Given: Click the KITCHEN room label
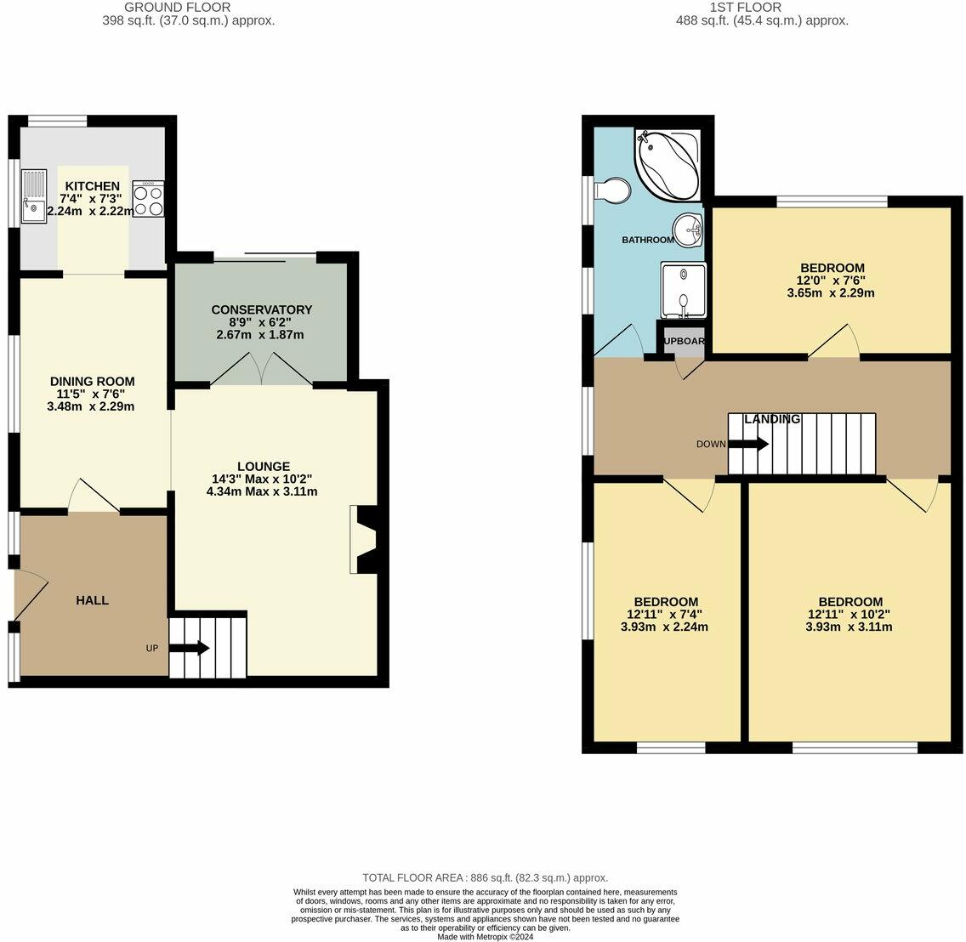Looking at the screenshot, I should click(x=93, y=186).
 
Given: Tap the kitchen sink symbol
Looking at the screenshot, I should click(x=34, y=197).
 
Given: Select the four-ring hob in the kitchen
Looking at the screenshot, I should click(x=148, y=199).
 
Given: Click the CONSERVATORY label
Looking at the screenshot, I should click(x=261, y=309).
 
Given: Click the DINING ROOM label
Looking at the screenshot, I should click(x=92, y=381).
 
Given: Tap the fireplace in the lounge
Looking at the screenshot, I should click(x=365, y=540).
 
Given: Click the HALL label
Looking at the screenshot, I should click(x=92, y=600).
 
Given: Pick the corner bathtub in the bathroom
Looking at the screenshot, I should click(x=668, y=165).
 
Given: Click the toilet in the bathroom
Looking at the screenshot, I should click(x=612, y=192).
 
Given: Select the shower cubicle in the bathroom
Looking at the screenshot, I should click(x=683, y=290).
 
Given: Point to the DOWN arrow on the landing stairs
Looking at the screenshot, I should click(x=749, y=444).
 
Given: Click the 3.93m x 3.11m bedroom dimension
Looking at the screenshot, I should click(x=848, y=627).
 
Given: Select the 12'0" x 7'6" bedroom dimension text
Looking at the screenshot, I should click(x=831, y=281).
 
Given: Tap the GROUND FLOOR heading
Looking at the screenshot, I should click(x=177, y=8).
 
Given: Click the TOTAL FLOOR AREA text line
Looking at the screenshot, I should click(x=485, y=877).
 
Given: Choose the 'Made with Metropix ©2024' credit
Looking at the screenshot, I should click(x=485, y=937).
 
